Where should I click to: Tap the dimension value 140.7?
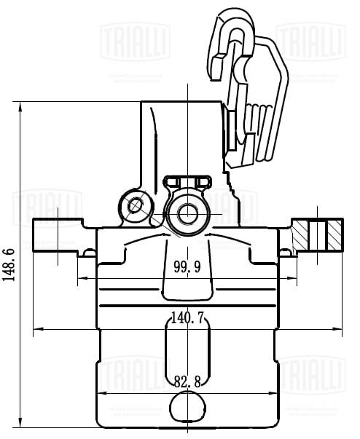point(187,317)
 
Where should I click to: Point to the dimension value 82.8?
point(187,380)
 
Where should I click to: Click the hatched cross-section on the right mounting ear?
point(318,232)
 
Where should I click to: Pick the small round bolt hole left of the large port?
point(134,207)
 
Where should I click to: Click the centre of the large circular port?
point(188,213)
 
